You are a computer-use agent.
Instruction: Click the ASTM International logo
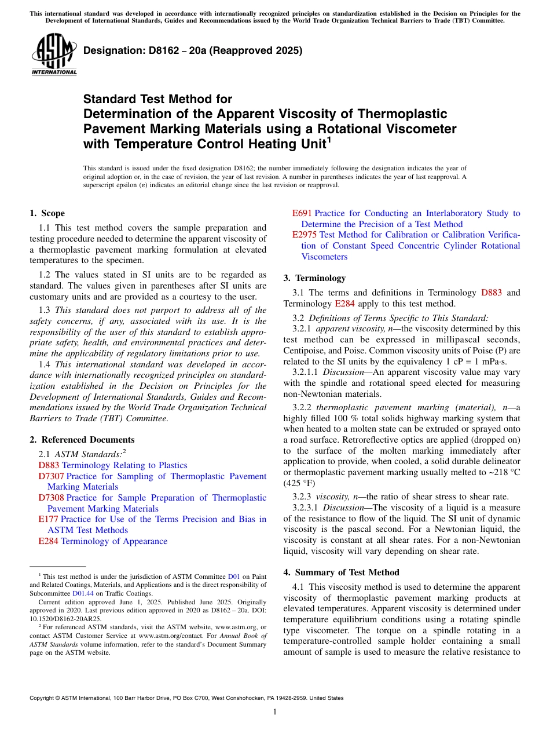54,55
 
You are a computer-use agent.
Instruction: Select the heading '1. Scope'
47,213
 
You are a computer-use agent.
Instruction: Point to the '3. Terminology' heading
314,278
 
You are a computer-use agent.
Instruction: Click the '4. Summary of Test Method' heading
341,572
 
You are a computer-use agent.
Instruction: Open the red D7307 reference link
51,476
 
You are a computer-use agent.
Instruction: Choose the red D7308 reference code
51,498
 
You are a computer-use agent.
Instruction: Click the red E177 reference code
48,519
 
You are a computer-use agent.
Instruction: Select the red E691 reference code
302,213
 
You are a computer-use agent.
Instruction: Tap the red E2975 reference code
305,235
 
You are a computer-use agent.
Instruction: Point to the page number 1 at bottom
275,712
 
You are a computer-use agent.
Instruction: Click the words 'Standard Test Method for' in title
157,99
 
